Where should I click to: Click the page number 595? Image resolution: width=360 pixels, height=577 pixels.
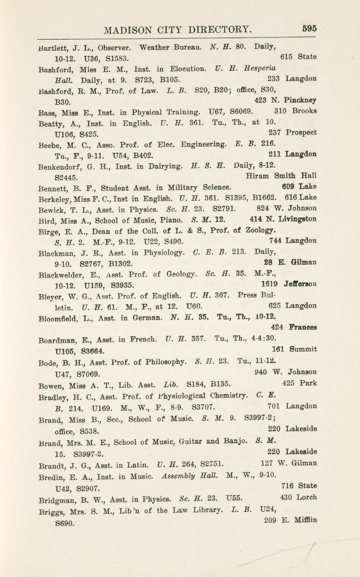309,28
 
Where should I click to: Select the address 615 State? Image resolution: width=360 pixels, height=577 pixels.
298,56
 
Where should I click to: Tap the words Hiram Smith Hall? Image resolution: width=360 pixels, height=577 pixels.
281,176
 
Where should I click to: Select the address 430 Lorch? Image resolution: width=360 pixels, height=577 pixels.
298,498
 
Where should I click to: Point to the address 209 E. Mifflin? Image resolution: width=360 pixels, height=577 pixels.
291,520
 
